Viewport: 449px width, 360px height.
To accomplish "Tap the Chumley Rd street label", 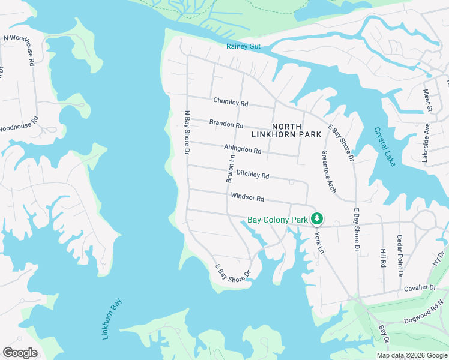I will (x=231, y=103).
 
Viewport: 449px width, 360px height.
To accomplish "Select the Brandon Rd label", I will (x=226, y=125).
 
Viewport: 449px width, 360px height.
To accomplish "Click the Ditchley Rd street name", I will (x=252, y=175).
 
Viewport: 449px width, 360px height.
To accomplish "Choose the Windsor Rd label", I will (x=247, y=197).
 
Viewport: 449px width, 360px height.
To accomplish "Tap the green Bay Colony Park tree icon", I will (x=316, y=220).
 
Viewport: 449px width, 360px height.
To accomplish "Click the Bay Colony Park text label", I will (x=277, y=220).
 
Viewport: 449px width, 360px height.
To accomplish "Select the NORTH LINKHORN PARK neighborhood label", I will (x=297, y=130).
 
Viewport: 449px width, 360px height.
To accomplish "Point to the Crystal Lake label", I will (x=385, y=146).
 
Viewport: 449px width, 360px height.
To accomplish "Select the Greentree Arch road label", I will (x=328, y=171).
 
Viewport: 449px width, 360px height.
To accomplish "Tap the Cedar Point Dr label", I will (x=399, y=256).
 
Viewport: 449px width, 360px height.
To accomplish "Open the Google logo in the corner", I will (x=20, y=353).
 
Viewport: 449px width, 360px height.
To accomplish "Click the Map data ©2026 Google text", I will (x=411, y=355).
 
